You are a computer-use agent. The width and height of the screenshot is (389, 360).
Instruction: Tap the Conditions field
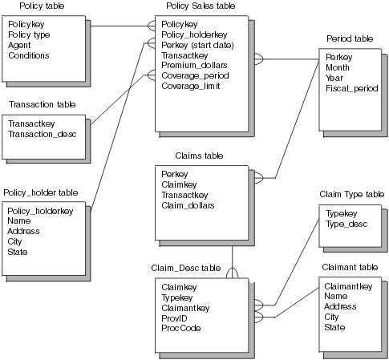coord(29,56)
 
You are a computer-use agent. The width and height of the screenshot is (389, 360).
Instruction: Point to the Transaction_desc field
coord(42,134)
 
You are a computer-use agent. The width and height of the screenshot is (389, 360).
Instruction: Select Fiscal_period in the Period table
coord(351,89)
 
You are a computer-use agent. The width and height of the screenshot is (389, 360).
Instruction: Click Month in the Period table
coord(338,68)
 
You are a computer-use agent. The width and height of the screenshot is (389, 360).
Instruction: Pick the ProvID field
coord(174,318)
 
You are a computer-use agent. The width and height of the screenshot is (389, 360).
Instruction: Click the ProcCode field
coord(180,328)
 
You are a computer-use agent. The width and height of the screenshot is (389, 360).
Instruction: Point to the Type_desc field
coord(346,224)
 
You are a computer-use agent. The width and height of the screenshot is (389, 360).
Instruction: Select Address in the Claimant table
coord(340,306)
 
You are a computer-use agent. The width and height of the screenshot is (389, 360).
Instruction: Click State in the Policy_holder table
coord(18,253)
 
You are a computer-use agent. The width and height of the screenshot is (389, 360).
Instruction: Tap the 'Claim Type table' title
coord(351,194)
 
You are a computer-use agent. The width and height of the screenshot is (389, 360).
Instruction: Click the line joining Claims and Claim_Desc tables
coord(232,257)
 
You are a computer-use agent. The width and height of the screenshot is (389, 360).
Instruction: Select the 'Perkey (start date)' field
coord(198,46)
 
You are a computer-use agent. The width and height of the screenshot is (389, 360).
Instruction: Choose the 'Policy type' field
coord(29,35)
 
